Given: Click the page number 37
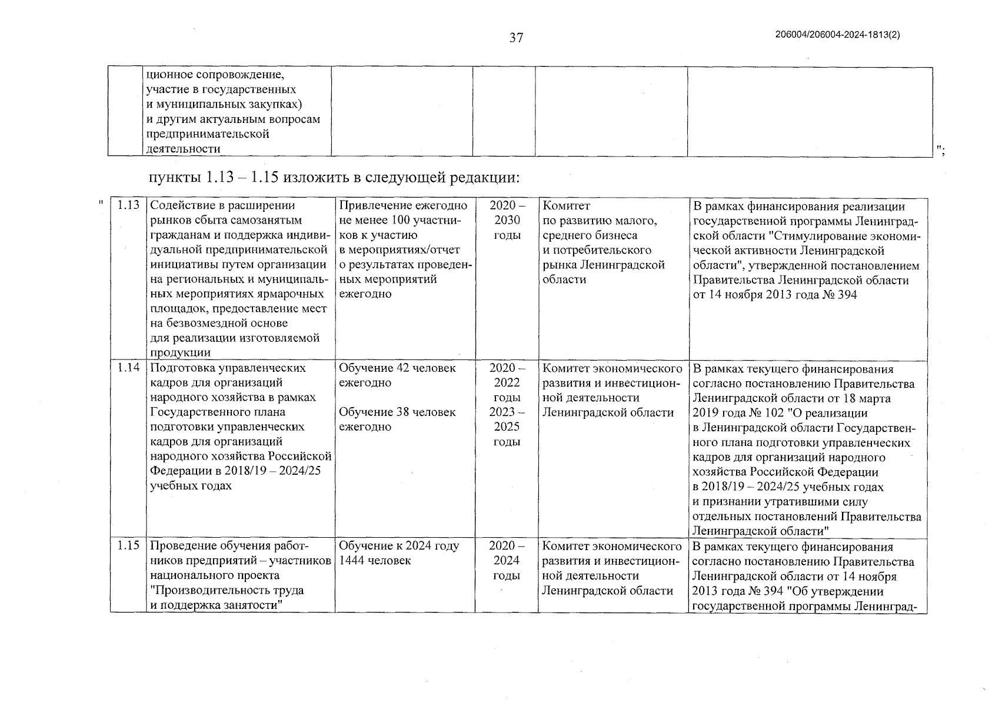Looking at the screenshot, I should [x=516, y=38].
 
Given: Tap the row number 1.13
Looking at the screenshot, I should [x=128, y=205].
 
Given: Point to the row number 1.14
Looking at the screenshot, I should [x=128, y=368].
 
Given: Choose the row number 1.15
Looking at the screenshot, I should [x=128, y=545].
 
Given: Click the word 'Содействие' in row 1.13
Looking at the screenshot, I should [x=180, y=206].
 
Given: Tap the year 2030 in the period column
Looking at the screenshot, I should [x=507, y=221].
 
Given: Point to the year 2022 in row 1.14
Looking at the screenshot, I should [x=507, y=383].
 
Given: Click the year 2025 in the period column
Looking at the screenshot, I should [x=507, y=427].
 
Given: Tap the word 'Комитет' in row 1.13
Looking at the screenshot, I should [x=566, y=206].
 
